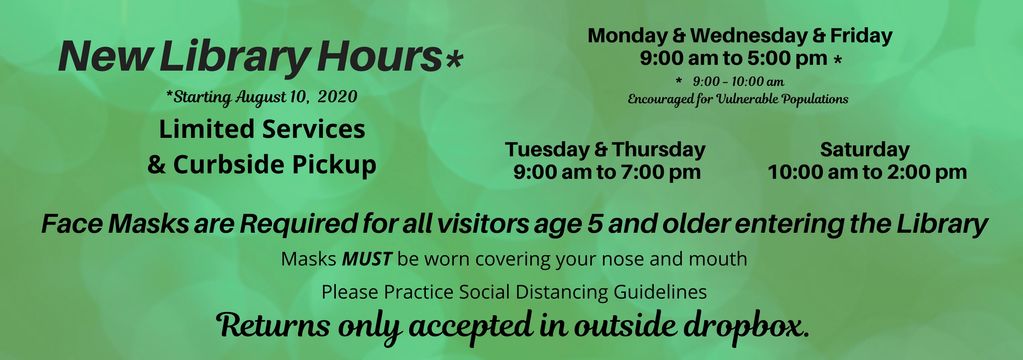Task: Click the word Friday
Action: pyautogui.click(x=860, y=36)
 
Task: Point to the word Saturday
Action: pyautogui.click(x=865, y=149)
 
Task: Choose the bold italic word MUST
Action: pyautogui.click(x=367, y=259)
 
